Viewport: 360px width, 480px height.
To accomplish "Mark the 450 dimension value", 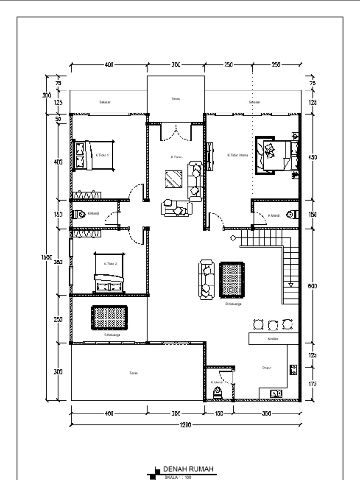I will [x=313, y=157].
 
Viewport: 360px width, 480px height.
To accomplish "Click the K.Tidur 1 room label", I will [x=102, y=155].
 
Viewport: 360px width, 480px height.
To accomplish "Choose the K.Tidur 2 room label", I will [x=110, y=263].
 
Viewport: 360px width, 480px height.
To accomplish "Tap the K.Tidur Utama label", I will [x=238, y=155].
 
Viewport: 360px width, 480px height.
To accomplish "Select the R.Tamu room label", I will [x=176, y=157].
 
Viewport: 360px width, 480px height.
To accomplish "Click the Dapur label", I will [x=267, y=368].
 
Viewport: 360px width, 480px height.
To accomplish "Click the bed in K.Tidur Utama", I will [x=277, y=155].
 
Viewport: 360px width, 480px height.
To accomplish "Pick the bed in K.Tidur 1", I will [x=94, y=155].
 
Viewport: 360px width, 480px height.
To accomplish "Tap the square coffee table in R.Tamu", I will [x=174, y=179].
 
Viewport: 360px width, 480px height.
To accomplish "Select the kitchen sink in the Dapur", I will [x=276, y=394].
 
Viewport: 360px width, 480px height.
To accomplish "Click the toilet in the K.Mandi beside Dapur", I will [x=218, y=393].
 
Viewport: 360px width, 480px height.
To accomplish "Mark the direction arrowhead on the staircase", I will [x=291, y=284].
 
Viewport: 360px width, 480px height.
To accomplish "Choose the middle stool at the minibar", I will [x=273, y=324].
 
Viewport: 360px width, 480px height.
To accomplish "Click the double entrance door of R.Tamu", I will [x=176, y=132].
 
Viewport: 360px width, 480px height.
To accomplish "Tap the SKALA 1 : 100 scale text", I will [x=178, y=478].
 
